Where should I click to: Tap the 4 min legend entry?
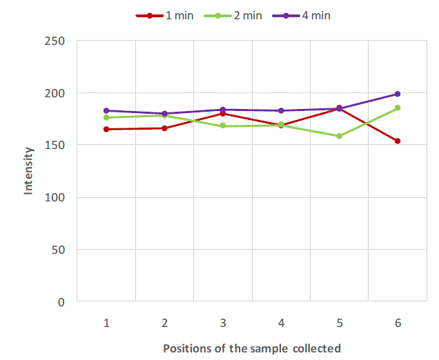point(301,15)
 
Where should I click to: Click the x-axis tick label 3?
point(223,323)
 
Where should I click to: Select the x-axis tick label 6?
point(398,323)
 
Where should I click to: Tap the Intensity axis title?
point(29,170)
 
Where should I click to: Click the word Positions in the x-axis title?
point(185,348)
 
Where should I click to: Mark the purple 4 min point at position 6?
point(398,94)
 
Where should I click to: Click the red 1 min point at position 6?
point(398,141)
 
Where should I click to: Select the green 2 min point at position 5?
point(339,136)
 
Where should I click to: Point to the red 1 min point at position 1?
point(106,129)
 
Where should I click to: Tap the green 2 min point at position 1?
point(106,117)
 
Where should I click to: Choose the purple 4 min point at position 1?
point(106,110)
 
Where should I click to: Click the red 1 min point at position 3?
point(223,114)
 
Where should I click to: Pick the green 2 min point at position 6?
point(398,108)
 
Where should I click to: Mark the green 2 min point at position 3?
point(223,126)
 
